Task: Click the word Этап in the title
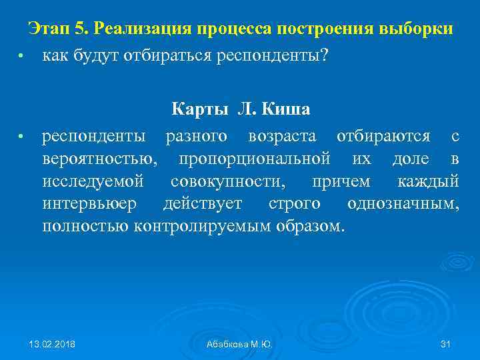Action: pos(49,29)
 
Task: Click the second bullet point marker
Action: pos(22,137)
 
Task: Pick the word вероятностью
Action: pos(101,159)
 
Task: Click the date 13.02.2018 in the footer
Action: pos(52,343)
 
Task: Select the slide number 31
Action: pos(446,343)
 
